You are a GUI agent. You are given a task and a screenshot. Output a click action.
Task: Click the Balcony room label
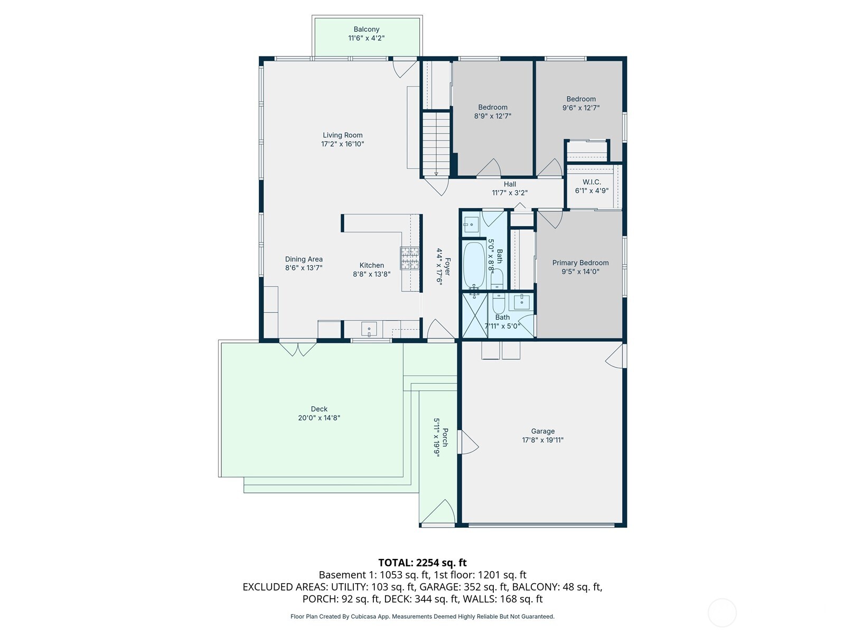(x=366, y=30)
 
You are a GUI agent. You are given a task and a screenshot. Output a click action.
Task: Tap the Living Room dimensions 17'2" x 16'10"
(x=343, y=144)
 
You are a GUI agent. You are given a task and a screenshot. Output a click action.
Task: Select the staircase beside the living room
(x=436, y=143)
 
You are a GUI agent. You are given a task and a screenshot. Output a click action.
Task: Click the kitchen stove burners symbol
(x=409, y=258)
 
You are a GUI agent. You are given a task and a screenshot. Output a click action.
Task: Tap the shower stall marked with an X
(x=474, y=315)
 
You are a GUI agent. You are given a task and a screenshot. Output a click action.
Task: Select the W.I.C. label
(x=591, y=182)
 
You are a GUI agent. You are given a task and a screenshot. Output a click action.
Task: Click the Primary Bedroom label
(x=580, y=263)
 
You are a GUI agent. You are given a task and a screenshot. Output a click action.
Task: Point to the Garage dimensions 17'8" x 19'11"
(x=543, y=440)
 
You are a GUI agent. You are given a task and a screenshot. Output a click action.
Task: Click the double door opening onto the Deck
(x=298, y=349)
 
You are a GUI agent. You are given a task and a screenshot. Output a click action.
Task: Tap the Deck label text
(x=319, y=409)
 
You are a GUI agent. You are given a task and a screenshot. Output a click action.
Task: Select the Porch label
(x=445, y=437)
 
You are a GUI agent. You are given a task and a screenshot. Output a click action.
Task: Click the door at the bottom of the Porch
(x=438, y=514)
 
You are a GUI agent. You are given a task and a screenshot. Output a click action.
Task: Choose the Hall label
(x=510, y=184)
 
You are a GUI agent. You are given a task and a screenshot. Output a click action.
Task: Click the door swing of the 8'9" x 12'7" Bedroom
(x=489, y=168)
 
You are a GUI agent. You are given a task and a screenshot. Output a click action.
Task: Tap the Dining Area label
(x=304, y=259)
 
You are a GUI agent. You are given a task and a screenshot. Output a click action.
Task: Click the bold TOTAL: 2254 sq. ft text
(x=422, y=563)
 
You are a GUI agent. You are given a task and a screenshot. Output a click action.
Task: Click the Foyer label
(x=447, y=267)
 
